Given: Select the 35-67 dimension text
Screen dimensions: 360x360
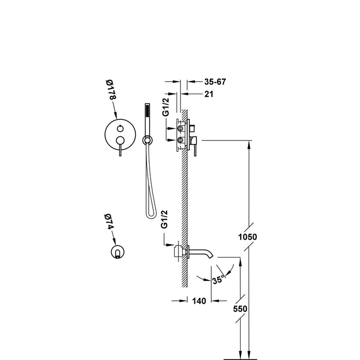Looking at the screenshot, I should [x=215, y=82].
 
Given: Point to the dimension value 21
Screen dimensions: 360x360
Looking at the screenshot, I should [x=209, y=94].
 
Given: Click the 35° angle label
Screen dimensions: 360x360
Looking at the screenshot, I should [x=219, y=280].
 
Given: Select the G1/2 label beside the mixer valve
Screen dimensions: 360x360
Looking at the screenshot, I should [x=166, y=107].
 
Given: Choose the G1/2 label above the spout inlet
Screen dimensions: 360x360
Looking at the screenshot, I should [x=164, y=219].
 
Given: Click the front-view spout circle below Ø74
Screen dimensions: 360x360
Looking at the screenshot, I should [x=118, y=251].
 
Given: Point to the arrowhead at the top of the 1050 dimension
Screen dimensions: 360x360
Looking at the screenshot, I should [x=249, y=143].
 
